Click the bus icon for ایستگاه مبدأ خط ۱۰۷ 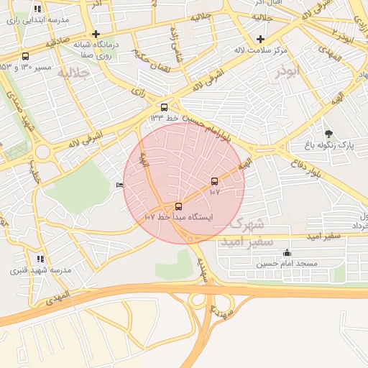[179, 206]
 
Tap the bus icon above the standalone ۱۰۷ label [214, 181]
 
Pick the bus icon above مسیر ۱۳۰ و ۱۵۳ [26, 56]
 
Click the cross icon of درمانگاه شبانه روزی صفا [96, 34]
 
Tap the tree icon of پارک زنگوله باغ [328, 134]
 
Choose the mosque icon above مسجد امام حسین [287, 252]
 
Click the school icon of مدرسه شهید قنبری [40, 258]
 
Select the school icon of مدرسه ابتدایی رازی [37, 9]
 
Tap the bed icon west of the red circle [119, 185]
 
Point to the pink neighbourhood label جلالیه [73, 73]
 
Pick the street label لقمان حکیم [150, 59]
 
